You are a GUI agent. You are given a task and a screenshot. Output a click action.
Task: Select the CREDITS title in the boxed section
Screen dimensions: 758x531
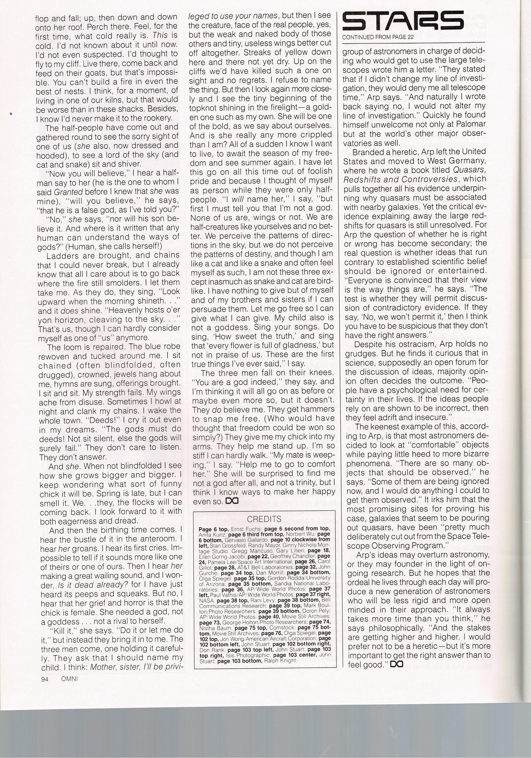click(x=264, y=519)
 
